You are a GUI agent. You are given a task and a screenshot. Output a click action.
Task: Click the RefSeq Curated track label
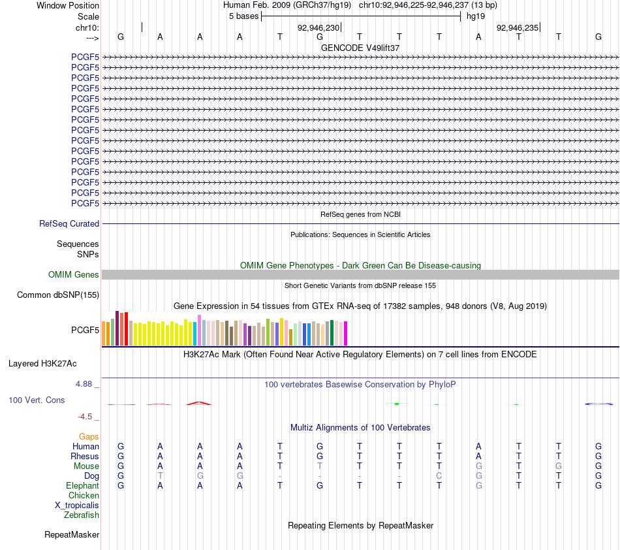click(x=69, y=223)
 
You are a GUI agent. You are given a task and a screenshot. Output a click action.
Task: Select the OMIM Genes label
click(x=74, y=274)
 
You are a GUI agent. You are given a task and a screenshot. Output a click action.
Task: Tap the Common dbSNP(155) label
click(x=58, y=295)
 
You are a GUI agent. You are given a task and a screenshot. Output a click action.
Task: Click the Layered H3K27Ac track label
click(x=42, y=364)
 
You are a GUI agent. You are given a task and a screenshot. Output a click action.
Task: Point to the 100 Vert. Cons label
click(x=37, y=400)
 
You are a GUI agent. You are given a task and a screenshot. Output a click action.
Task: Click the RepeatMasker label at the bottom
click(x=72, y=534)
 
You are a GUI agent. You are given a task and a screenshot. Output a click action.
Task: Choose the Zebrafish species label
click(x=82, y=515)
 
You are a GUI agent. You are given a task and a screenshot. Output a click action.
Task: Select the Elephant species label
click(x=83, y=485)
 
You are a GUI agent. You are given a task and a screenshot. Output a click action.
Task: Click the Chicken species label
click(x=84, y=495)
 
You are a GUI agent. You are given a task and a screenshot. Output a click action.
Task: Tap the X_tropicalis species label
click(x=77, y=506)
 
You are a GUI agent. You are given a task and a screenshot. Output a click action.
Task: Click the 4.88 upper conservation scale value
click(x=84, y=384)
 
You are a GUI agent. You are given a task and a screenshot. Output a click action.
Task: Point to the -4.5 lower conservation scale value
click(x=85, y=416)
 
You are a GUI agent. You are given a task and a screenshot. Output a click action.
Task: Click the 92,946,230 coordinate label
click(x=318, y=27)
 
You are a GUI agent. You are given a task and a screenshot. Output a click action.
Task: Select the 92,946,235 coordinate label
click(x=518, y=27)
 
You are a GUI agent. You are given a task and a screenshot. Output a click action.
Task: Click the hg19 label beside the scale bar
click(x=476, y=16)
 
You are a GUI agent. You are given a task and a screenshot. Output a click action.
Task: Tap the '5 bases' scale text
click(x=243, y=16)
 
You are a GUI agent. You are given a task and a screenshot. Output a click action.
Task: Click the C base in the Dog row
click(x=439, y=476)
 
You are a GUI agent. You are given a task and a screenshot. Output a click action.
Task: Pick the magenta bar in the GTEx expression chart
click(x=346, y=334)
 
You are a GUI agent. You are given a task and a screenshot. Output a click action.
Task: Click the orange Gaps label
click(x=89, y=436)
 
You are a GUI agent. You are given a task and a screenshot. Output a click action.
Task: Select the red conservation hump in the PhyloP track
click(x=199, y=403)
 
